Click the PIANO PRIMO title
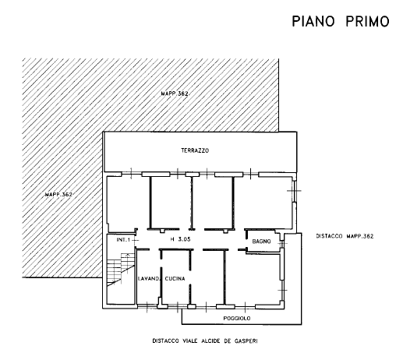click(x=341, y=21)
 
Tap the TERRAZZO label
click(x=195, y=150)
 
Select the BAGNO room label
click(x=261, y=242)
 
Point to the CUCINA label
click(x=175, y=279)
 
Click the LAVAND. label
click(x=148, y=279)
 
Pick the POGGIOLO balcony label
click(x=237, y=318)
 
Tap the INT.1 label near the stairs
click(x=123, y=240)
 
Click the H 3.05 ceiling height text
click(x=180, y=239)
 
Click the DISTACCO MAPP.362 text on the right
click(x=345, y=236)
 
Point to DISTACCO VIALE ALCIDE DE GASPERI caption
click(x=205, y=341)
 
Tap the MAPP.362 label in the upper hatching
click(x=175, y=94)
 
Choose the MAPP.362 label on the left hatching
click(x=58, y=194)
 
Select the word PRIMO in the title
click(x=368, y=21)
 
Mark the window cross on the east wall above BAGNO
click(x=294, y=191)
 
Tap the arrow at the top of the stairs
click(x=127, y=255)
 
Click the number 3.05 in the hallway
click(x=184, y=239)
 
